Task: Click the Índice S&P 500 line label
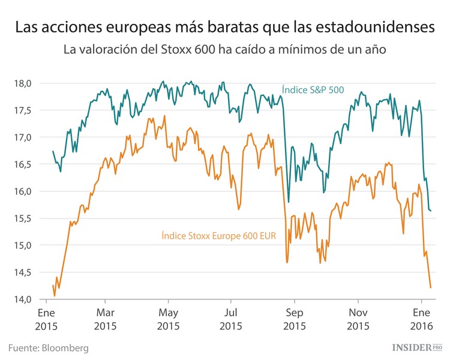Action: coord(313,91)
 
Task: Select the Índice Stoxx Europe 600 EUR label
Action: coord(218,236)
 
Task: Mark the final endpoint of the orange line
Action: coord(431,287)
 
